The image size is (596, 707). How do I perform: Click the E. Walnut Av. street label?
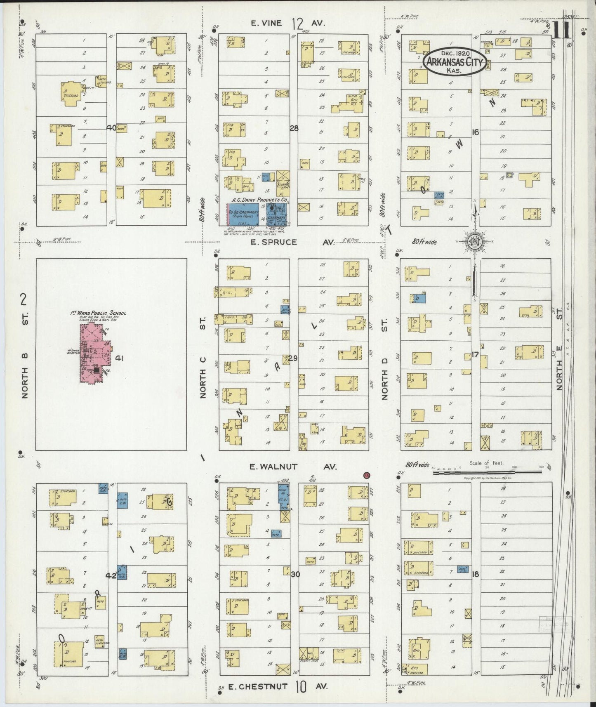(293, 467)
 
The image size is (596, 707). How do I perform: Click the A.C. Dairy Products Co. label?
(259, 200)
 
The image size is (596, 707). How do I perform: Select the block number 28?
(294, 128)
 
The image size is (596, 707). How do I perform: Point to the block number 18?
(475, 573)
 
